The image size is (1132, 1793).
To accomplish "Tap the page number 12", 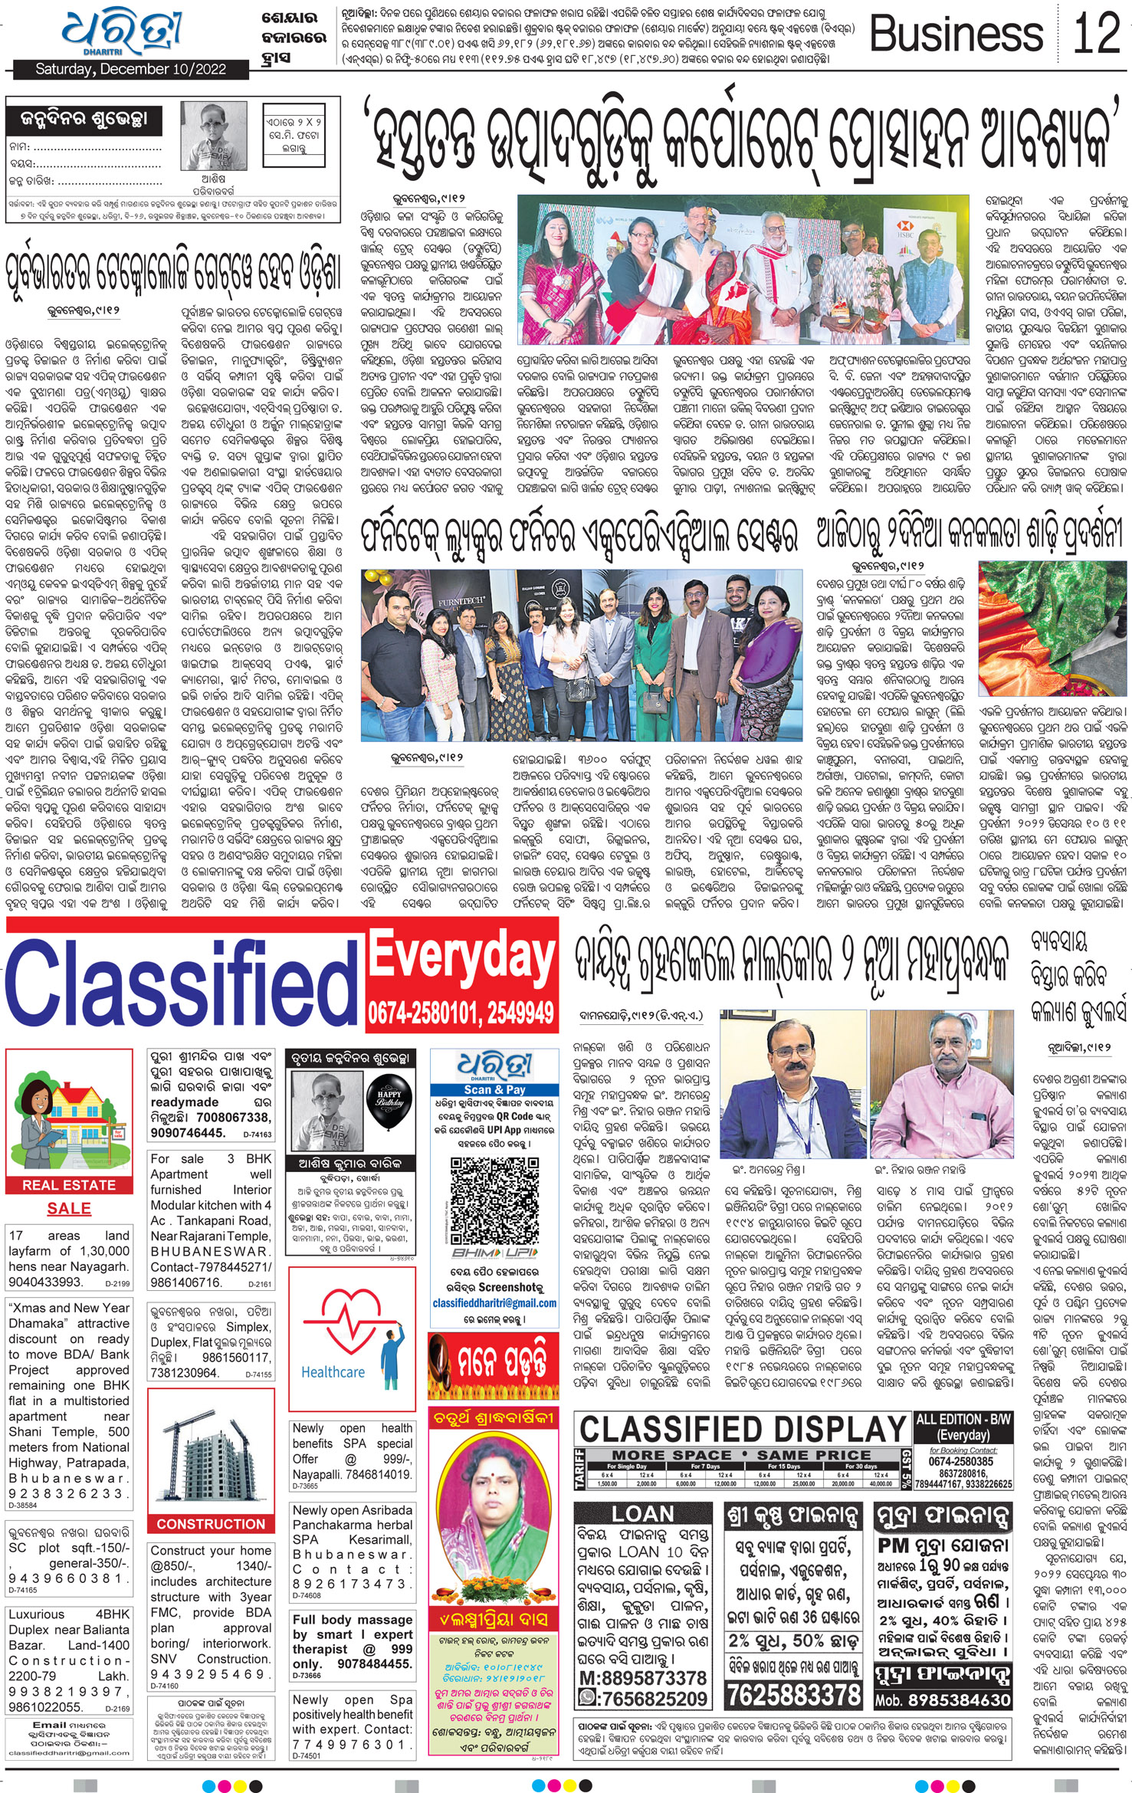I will click(1096, 34).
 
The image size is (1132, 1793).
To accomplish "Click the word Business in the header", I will click(956, 35).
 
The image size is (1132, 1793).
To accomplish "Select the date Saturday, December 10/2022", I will click(131, 70).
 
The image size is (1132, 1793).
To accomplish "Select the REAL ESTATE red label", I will click(69, 1185).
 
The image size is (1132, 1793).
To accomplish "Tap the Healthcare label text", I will click(333, 1372).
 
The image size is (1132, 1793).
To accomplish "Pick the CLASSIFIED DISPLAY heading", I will click(743, 1427).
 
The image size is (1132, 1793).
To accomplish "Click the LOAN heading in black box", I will click(642, 1513).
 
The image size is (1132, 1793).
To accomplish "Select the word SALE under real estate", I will click(69, 1208).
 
